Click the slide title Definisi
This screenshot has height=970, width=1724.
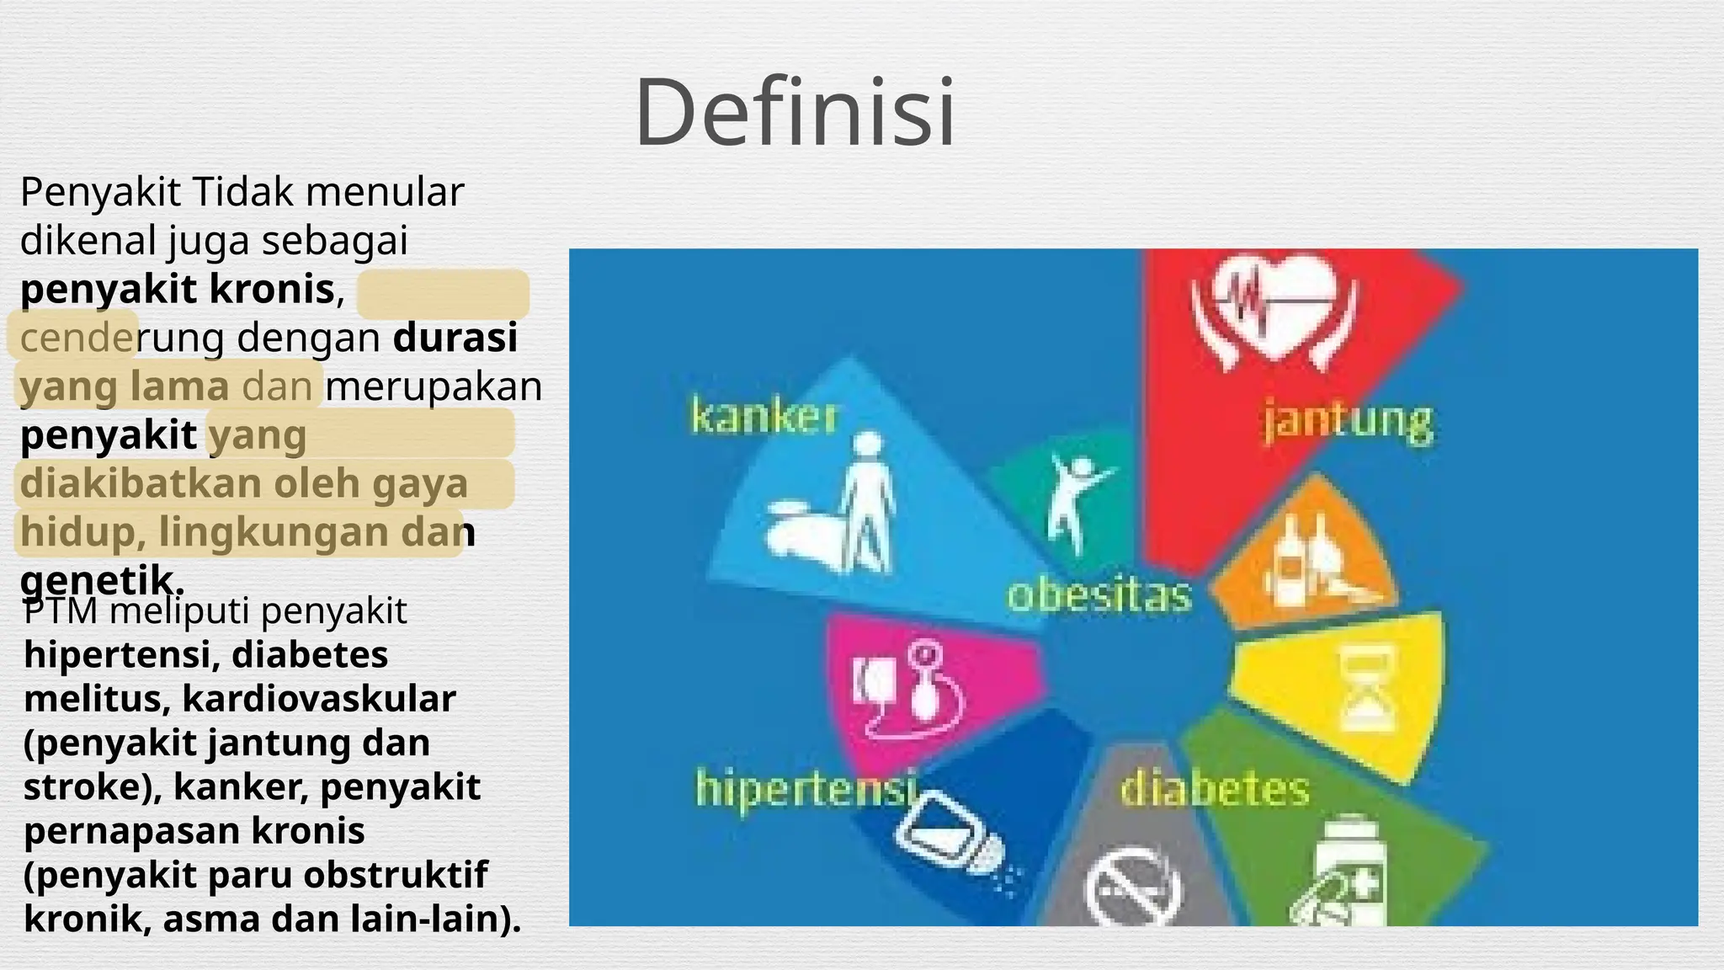[795, 112]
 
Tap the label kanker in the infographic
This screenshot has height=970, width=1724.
[764, 417]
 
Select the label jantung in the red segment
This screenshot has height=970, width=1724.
[1347, 421]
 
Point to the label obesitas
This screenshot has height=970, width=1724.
[1099, 595]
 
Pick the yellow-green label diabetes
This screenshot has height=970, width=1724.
[1215, 790]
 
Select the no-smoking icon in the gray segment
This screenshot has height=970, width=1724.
[1132, 888]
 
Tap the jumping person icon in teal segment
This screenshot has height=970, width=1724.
[1073, 501]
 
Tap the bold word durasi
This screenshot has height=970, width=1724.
[455, 338]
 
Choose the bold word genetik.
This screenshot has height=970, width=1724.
[101, 580]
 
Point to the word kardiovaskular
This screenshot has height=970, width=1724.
[319, 699]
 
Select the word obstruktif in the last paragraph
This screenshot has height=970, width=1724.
[396, 875]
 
